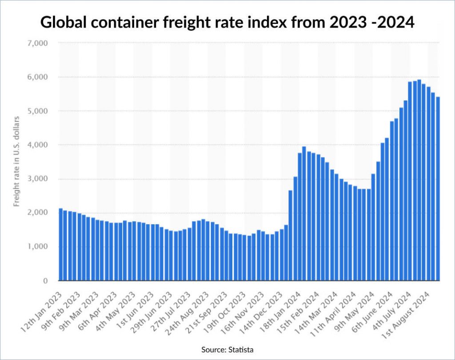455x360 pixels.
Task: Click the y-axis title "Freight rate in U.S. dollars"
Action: [x=16, y=162]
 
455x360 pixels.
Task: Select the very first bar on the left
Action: [x=60, y=245]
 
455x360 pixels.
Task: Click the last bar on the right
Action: [x=438, y=189]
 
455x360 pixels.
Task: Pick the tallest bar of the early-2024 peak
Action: [x=304, y=214]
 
